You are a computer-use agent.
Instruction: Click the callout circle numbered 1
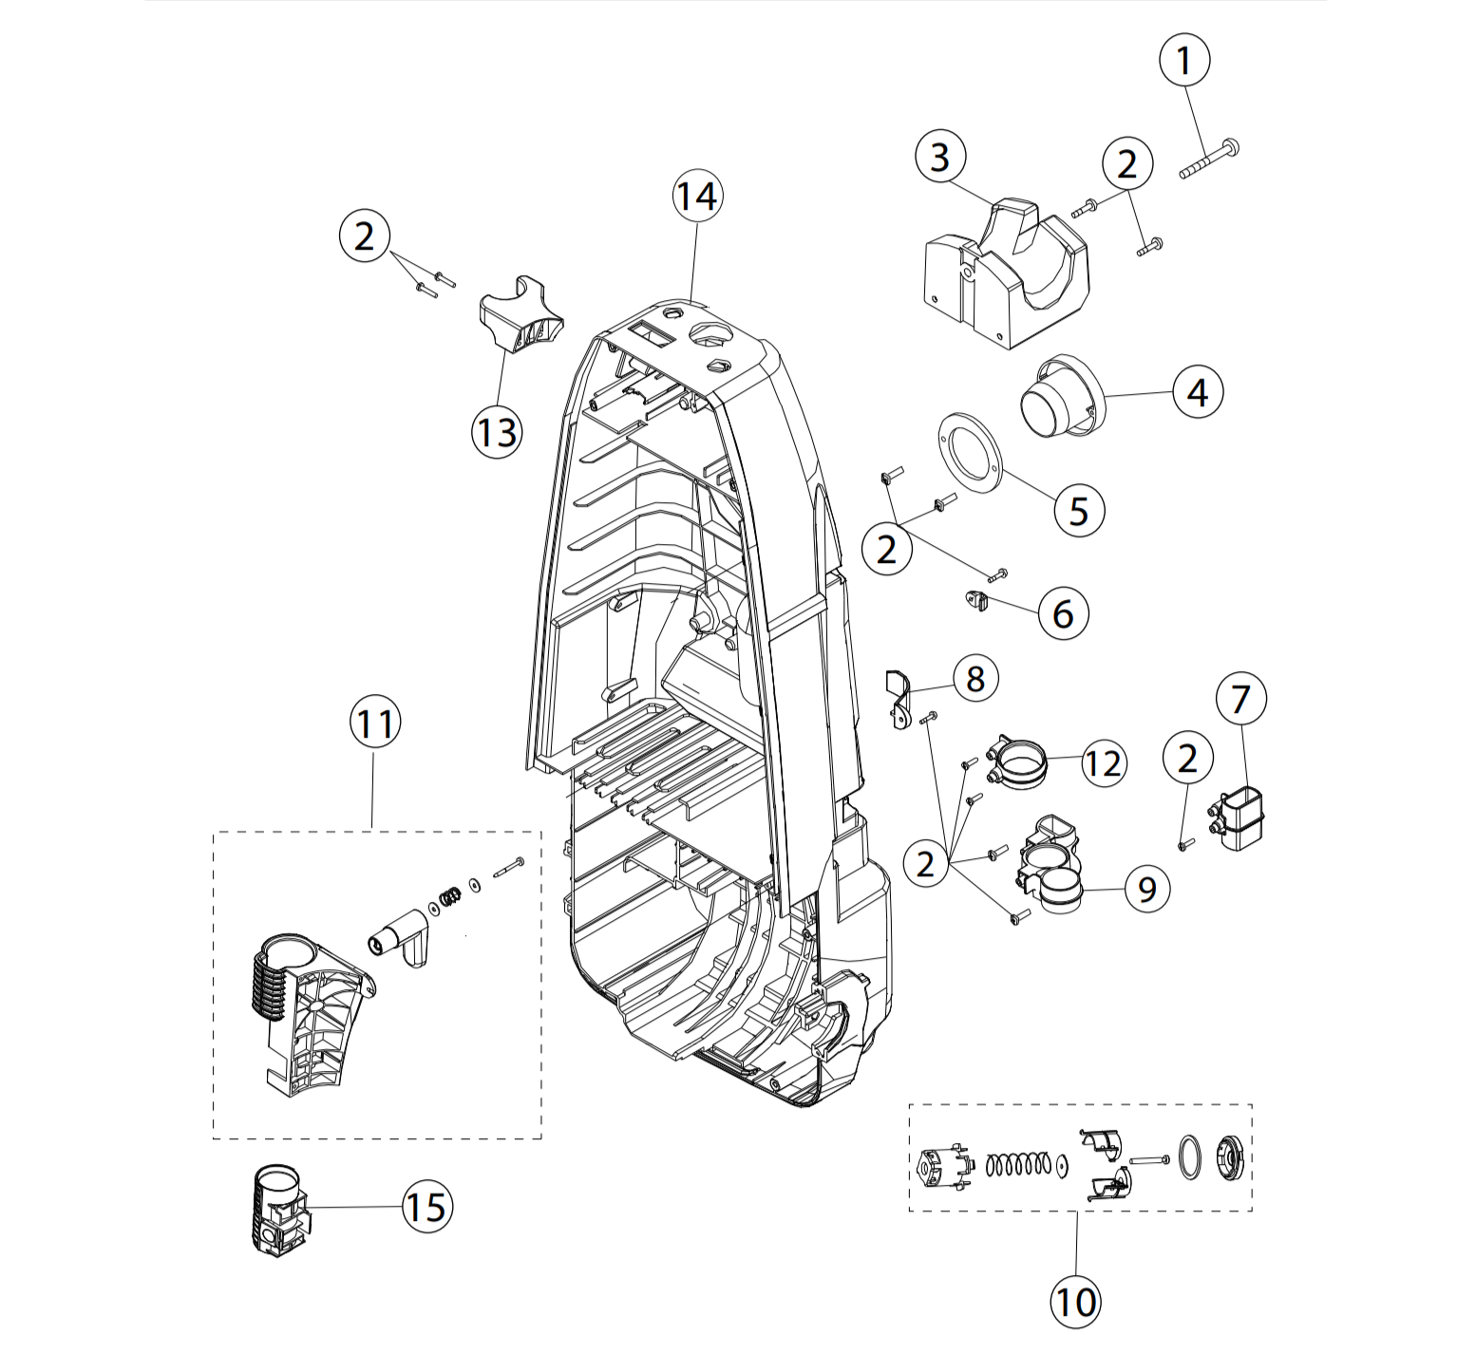click(1184, 61)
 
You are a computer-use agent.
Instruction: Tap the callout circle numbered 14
click(697, 197)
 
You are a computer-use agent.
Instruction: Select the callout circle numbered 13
click(497, 433)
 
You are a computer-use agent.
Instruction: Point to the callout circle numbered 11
click(375, 723)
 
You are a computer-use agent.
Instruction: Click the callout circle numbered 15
click(427, 1208)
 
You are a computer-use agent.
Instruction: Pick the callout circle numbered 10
click(1076, 1302)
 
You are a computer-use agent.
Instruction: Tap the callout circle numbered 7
click(1240, 699)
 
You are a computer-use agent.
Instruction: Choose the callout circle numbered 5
click(1079, 511)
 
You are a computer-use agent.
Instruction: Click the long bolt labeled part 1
click(1208, 160)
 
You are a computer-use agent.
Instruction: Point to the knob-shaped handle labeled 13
click(520, 313)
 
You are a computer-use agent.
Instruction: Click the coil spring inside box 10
click(1018, 1164)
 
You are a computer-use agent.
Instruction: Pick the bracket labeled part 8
click(898, 698)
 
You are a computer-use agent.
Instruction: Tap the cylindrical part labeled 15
click(279, 1210)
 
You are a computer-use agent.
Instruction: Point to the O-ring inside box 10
click(1189, 1158)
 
